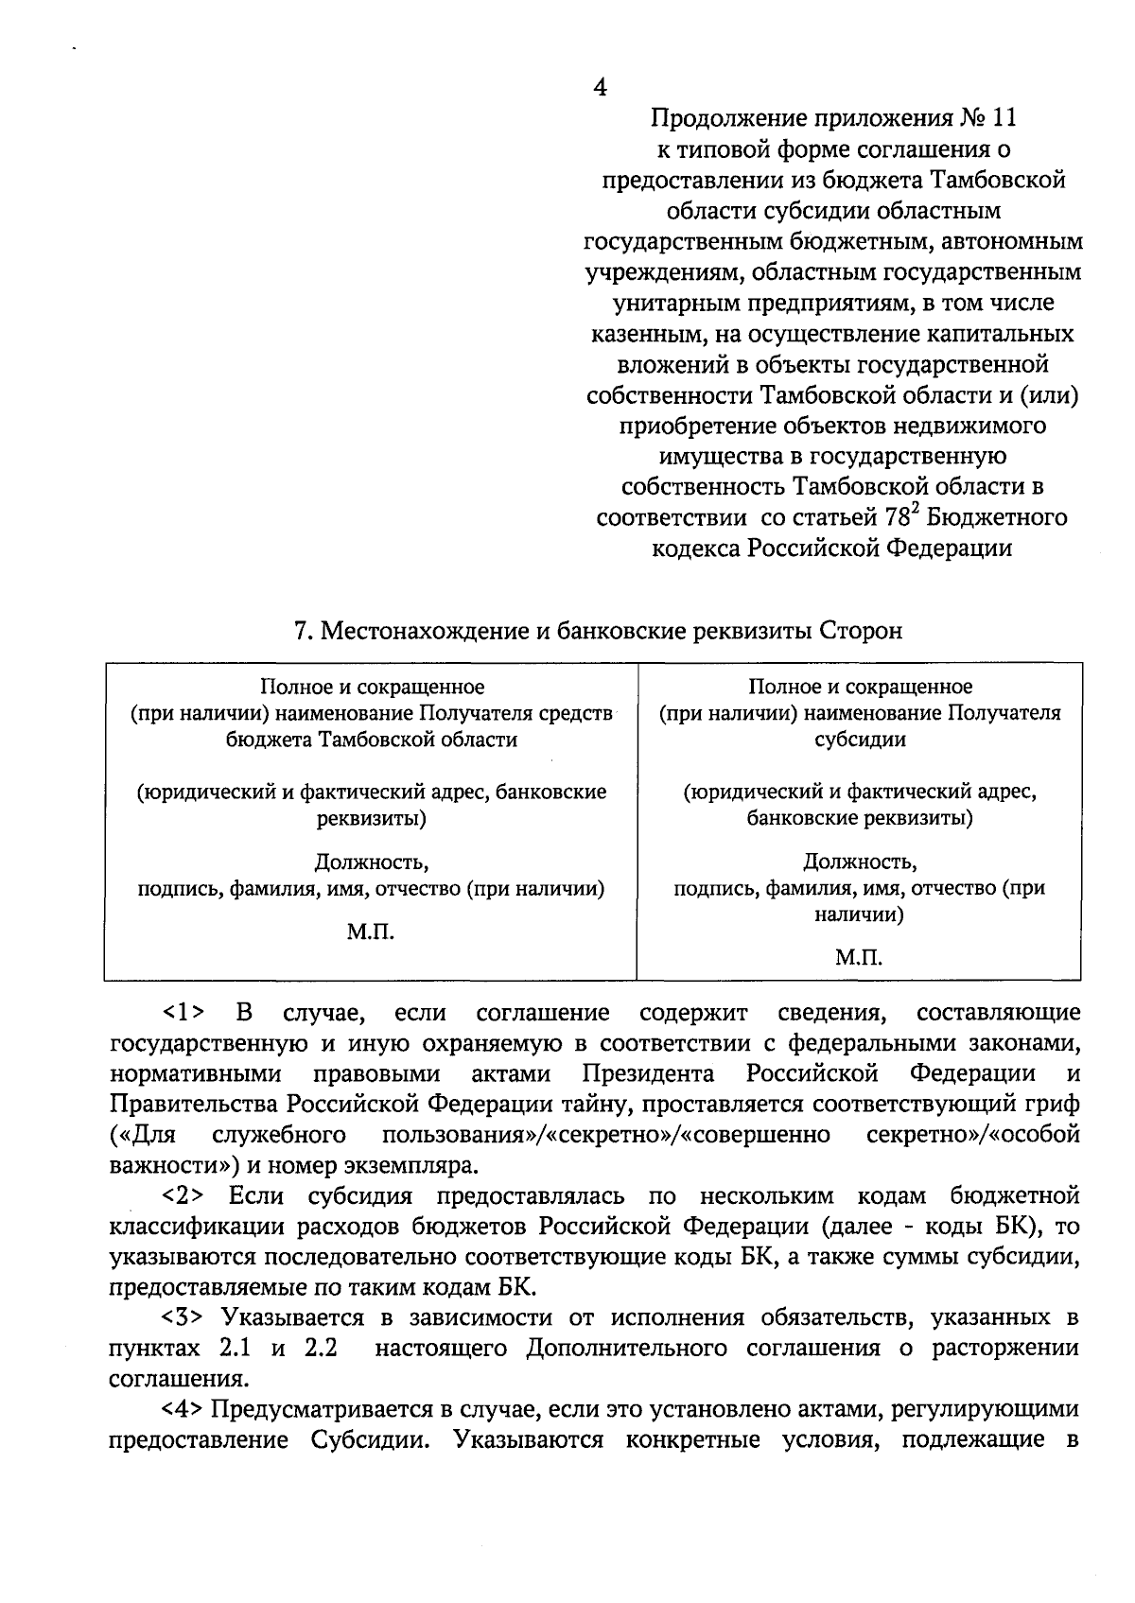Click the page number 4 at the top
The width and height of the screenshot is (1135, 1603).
click(600, 87)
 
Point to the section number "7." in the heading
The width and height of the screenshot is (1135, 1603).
click(304, 631)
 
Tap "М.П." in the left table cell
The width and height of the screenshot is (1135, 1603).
click(371, 932)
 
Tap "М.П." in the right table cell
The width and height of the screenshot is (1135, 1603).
click(859, 959)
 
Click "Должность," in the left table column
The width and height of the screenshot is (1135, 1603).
click(371, 862)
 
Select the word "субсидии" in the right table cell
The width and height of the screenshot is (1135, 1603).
click(859, 740)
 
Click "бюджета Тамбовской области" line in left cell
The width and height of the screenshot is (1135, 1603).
click(371, 740)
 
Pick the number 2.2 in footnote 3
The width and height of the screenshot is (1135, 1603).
click(322, 1349)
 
